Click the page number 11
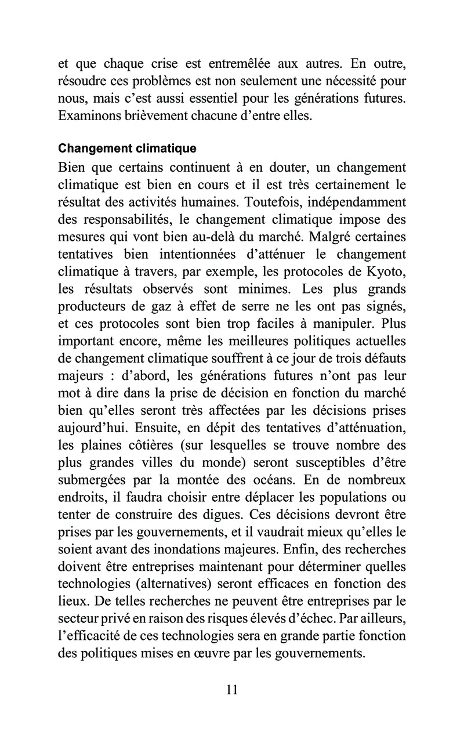pyautogui.click(x=232, y=690)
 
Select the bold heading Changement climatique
pyautogui.click(x=128, y=149)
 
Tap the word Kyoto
pyautogui.click(x=385, y=273)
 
